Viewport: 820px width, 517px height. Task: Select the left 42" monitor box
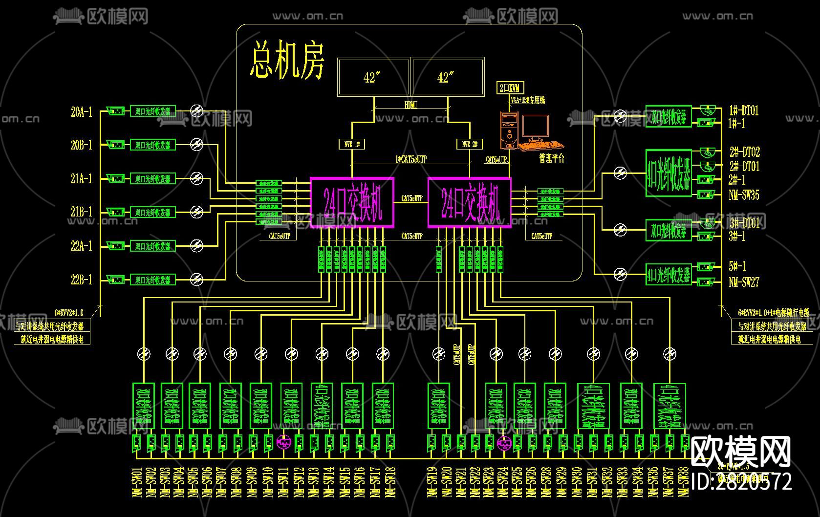click(x=373, y=77)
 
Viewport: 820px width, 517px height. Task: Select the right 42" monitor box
click(x=448, y=77)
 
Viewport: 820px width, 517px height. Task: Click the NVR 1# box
click(x=352, y=144)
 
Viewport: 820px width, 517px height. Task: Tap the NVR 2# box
click(x=470, y=144)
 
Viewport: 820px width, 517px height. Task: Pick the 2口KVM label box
click(x=510, y=88)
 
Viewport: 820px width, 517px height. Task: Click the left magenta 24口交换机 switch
click(x=352, y=202)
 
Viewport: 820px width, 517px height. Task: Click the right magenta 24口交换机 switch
click(x=469, y=202)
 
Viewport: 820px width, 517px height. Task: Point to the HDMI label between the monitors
click(x=411, y=105)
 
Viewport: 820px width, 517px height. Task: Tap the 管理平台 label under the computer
click(x=551, y=158)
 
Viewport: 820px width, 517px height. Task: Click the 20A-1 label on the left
click(x=81, y=112)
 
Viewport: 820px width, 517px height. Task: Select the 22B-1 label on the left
click(x=81, y=280)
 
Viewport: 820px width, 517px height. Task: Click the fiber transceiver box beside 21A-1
click(x=152, y=179)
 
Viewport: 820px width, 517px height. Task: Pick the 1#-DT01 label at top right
click(x=744, y=110)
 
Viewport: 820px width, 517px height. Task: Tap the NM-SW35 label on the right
click(x=744, y=195)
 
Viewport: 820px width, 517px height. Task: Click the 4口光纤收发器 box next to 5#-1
click(x=669, y=275)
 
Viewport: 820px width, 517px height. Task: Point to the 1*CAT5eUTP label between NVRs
click(x=410, y=159)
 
